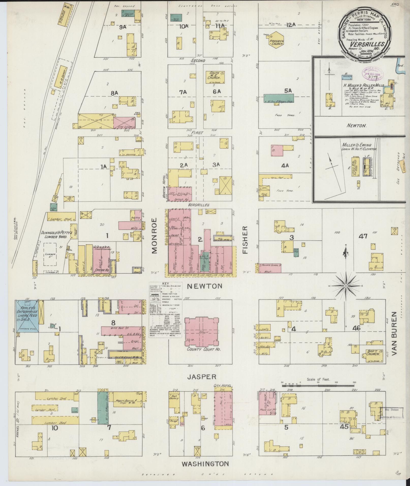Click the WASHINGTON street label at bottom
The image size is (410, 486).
click(205, 464)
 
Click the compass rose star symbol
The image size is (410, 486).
click(346, 286)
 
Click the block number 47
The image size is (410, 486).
click(363, 236)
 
